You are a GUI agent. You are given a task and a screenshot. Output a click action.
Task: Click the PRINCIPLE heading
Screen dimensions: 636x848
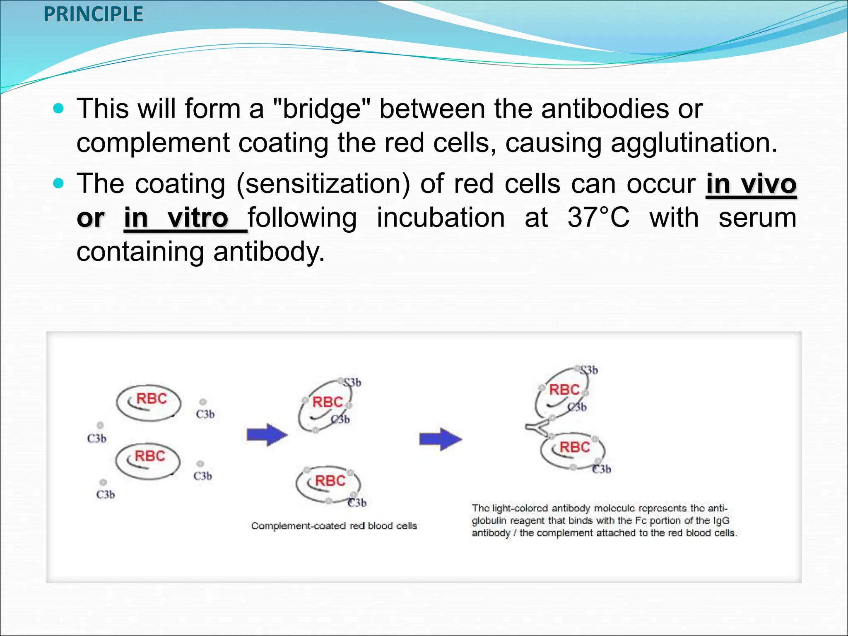(x=93, y=14)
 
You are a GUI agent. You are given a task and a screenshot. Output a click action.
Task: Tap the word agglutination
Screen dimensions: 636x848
(x=694, y=143)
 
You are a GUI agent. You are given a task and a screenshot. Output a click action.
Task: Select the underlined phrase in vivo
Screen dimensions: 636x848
(x=751, y=184)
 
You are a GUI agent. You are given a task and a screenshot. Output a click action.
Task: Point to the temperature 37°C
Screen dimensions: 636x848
(x=598, y=218)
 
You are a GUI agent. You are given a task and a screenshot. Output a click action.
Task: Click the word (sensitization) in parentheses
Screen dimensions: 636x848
(x=323, y=184)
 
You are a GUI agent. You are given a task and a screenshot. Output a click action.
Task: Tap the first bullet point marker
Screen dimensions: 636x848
(x=59, y=109)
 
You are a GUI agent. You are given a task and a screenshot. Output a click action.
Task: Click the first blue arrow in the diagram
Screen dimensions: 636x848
(x=267, y=435)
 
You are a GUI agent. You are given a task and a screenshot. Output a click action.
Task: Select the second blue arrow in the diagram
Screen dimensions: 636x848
(x=440, y=439)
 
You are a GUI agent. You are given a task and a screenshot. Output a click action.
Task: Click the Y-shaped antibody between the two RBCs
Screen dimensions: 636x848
(x=538, y=428)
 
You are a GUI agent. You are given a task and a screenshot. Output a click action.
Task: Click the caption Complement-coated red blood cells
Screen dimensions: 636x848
(x=334, y=526)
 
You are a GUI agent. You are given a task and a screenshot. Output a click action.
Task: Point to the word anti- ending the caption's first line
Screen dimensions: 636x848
(x=717, y=508)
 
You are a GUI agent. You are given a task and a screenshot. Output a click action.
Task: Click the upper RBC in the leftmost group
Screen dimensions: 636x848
(x=149, y=402)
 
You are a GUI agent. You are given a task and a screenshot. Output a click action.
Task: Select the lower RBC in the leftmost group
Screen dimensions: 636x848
(x=148, y=460)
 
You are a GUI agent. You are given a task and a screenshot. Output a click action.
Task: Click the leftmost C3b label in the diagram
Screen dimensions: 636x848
(x=96, y=438)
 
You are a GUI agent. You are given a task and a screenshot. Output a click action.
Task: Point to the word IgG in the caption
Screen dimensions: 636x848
(x=720, y=520)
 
